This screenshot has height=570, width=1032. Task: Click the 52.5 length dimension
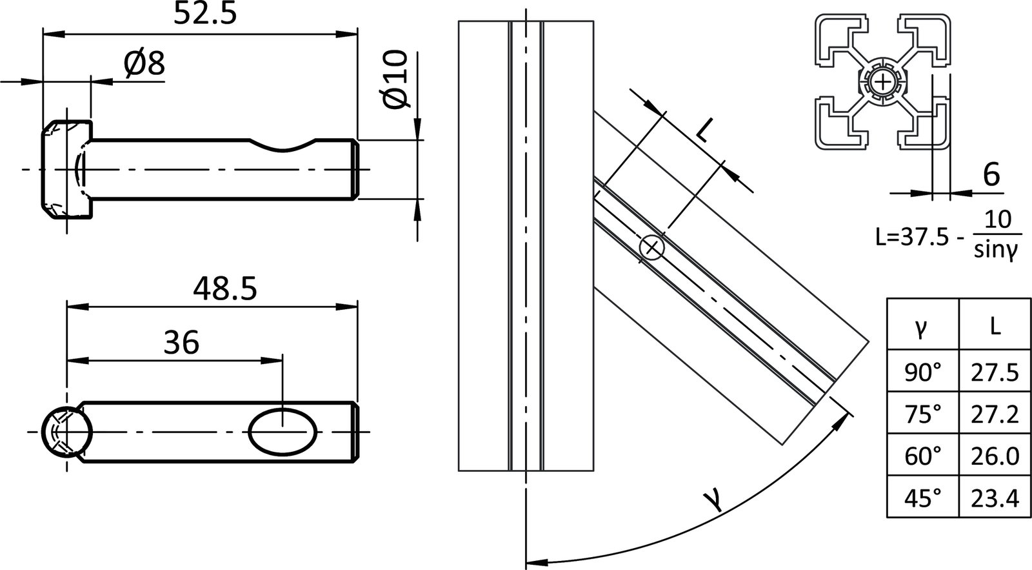205,13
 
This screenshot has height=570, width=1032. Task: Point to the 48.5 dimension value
225,289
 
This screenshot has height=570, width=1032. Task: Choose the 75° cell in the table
923,413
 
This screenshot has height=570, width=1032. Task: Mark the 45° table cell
923,497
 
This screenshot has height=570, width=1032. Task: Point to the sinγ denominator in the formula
996,252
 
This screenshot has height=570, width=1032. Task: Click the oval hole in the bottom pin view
283,431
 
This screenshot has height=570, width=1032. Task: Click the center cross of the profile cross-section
882,82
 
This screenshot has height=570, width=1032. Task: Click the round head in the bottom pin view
65,431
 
